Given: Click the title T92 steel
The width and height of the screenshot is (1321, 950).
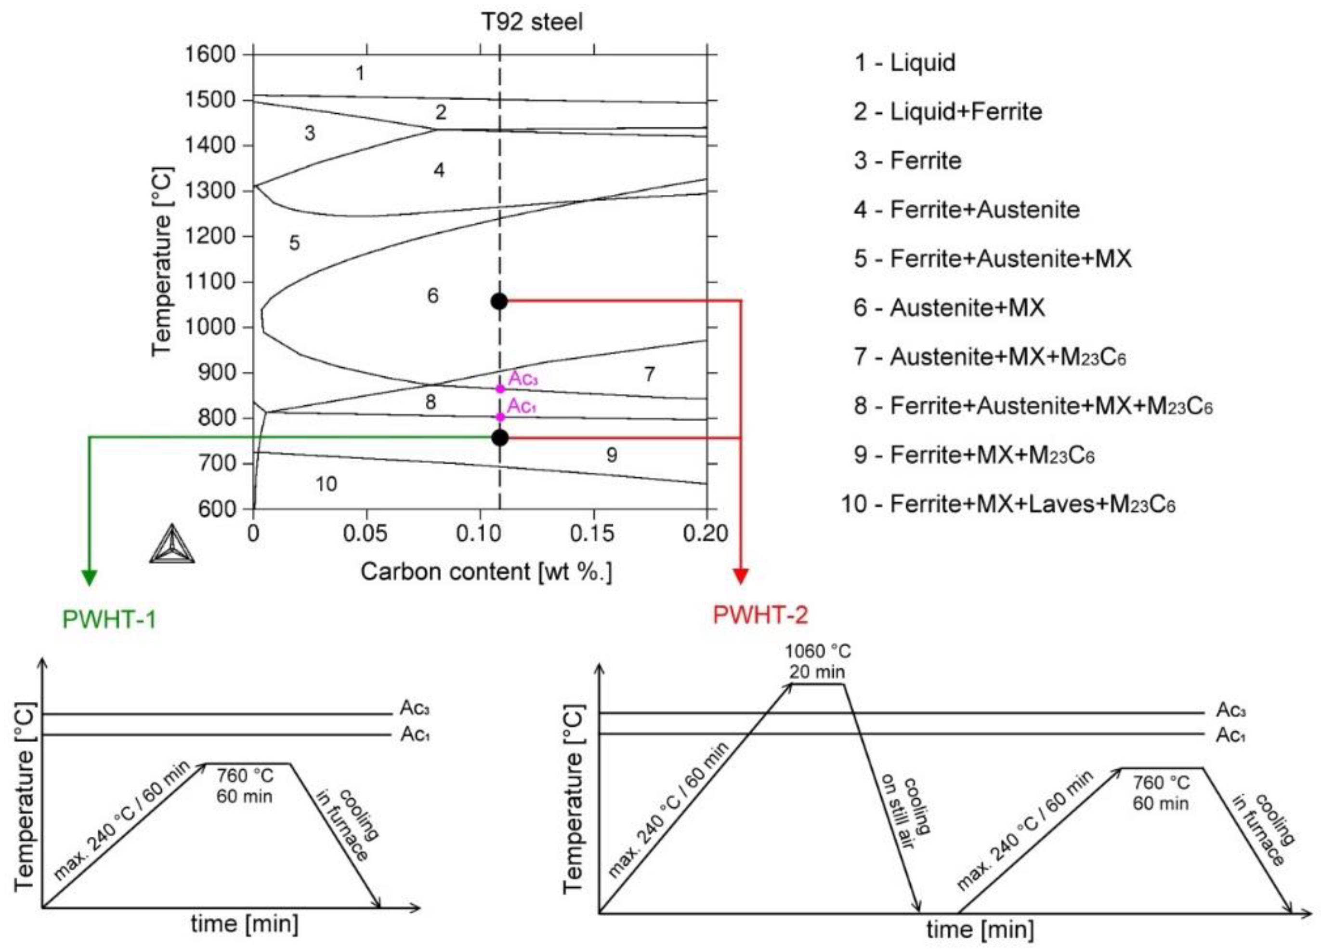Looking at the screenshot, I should [532, 22].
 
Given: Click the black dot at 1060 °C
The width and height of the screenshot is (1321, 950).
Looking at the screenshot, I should [499, 301].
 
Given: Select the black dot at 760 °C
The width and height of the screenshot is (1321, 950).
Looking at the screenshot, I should [499, 438].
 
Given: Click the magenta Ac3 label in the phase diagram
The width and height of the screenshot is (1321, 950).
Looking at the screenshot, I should [523, 379].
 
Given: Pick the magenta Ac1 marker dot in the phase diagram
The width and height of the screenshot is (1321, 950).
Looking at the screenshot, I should [500, 417].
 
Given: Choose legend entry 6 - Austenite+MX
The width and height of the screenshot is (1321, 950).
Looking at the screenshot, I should [949, 308].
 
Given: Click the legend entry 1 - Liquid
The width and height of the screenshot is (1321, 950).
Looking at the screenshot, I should [905, 62].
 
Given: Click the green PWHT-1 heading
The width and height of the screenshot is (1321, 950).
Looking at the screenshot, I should [109, 619].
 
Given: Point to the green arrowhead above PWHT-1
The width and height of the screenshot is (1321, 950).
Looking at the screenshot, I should [89, 577].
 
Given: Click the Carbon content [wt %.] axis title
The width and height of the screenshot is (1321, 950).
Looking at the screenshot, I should [486, 572].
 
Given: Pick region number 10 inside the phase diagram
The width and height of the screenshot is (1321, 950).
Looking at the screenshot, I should [326, 484].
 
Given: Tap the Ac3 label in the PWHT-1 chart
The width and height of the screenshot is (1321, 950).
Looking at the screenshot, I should [415, 709].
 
